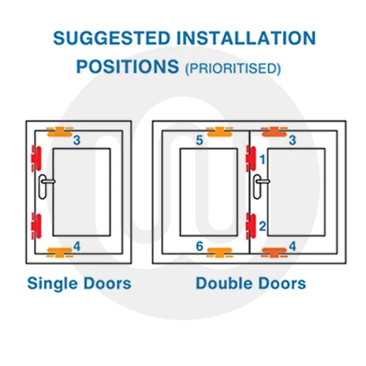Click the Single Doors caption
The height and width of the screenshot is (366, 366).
coord(79,283)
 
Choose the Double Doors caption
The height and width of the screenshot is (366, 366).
coord(251,283)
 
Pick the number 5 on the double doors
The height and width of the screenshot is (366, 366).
coord(200,140)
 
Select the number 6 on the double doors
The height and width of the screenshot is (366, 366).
coord(200,247)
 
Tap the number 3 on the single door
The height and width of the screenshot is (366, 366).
coord(77,140)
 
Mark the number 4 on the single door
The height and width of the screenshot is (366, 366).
coord(77,247)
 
